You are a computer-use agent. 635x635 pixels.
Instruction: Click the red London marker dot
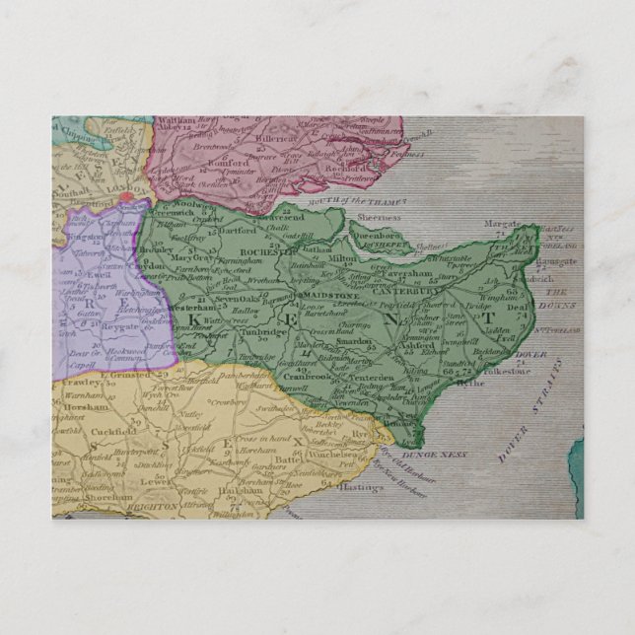[x=126, y=196]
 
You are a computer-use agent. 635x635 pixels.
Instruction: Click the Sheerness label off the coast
[x=379, y=217]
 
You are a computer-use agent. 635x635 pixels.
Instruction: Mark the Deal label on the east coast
[x=518, y=307]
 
